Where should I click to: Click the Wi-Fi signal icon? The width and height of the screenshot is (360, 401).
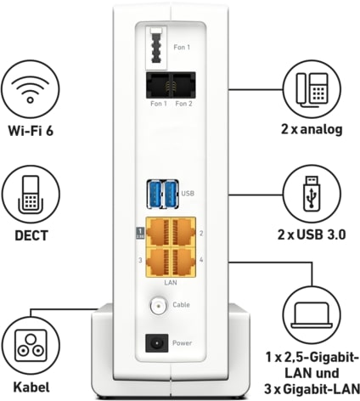tap(31, 88)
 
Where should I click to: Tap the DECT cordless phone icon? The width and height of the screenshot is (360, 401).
tap(31, 195)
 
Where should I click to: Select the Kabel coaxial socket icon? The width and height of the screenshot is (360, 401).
tap(31, 345)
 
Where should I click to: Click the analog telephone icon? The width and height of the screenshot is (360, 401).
tap(312, 88)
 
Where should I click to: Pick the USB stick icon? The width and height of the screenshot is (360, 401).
tap(312, 194)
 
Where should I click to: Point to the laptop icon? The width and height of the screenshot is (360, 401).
tap(312, 314)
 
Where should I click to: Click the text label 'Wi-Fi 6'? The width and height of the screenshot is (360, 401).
tap(31, 131)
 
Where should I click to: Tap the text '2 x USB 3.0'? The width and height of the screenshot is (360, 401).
tap(312, 234)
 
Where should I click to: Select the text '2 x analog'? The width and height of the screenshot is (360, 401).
tap(312, 129)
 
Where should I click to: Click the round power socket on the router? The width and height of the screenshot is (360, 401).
tap(156, 343)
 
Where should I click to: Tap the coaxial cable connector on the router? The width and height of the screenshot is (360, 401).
tap(159, 306)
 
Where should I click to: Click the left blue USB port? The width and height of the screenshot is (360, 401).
tap(155, 194)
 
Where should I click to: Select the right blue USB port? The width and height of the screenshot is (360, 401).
tap(172, 194)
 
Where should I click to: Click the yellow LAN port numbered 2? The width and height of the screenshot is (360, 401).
tap(183, 232)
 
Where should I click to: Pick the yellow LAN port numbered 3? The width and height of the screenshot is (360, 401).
tap(158, 262)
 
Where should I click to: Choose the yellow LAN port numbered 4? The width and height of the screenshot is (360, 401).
tap(183, 262)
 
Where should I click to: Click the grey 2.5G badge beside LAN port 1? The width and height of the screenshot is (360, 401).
tap(140, 233)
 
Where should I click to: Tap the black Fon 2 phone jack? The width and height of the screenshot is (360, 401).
tap(183, 85)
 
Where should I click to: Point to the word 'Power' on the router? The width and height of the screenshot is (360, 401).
tap(182, 343)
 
